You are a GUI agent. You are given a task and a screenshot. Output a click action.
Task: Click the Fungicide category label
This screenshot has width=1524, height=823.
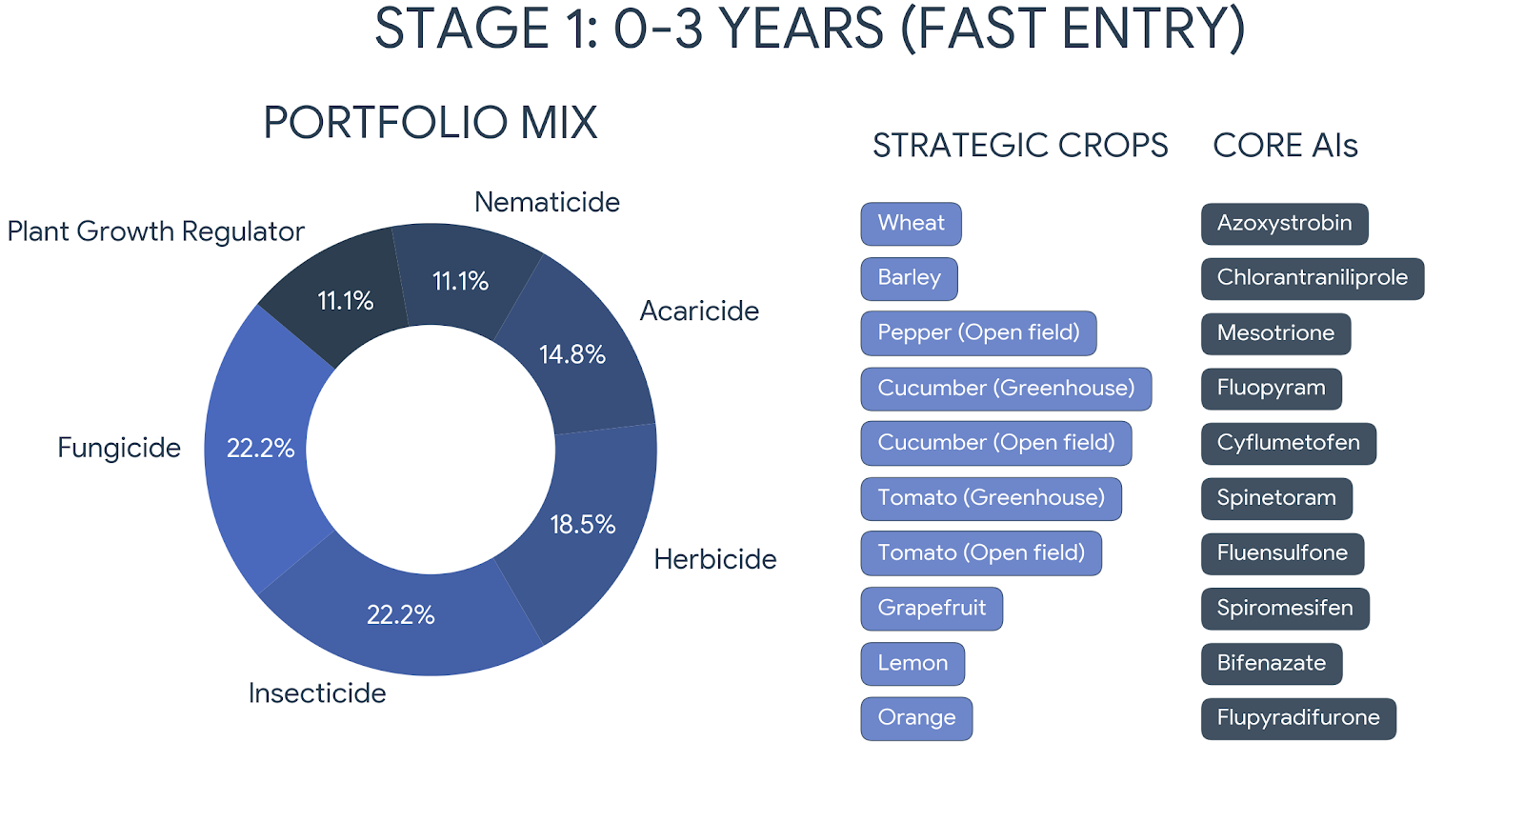119,448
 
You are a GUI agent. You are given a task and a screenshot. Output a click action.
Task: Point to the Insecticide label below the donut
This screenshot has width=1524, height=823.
317,693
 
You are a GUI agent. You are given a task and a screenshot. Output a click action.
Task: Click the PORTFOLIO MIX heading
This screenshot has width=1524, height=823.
431,123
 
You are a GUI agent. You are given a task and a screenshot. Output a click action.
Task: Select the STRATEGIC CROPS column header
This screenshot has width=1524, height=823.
1020,146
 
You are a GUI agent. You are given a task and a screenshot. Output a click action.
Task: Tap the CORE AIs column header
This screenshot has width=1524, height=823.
1285,146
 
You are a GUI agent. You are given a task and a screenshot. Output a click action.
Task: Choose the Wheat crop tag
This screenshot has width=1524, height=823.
911,224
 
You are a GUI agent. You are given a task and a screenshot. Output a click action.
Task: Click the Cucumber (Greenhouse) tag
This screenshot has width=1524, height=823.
1006,389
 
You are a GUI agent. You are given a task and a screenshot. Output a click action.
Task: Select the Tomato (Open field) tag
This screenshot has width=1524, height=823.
981,553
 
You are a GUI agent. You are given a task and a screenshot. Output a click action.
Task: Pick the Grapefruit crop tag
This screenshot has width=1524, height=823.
932,609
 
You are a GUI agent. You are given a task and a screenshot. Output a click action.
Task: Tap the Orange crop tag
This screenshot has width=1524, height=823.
916,718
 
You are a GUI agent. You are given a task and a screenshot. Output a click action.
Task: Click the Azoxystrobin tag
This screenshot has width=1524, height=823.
1284,224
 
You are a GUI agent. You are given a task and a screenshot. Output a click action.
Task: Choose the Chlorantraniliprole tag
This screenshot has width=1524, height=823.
1312,278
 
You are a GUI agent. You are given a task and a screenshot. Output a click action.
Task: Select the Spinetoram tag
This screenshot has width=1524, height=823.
1276,498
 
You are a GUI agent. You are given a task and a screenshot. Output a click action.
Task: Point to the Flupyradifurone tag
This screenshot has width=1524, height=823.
1298,718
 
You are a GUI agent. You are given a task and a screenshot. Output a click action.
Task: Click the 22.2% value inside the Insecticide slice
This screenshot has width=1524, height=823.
400,614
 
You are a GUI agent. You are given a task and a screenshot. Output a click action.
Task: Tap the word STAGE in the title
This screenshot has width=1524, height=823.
461,29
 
